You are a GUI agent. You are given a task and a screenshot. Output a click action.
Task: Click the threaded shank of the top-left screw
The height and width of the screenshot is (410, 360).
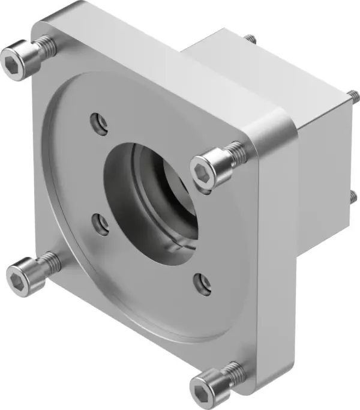pos(44,44)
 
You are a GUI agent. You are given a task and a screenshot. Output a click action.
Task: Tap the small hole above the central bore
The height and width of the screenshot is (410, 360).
pos(99,124)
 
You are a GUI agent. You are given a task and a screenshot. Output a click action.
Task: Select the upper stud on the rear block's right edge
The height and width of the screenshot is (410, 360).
pos(353,95)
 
